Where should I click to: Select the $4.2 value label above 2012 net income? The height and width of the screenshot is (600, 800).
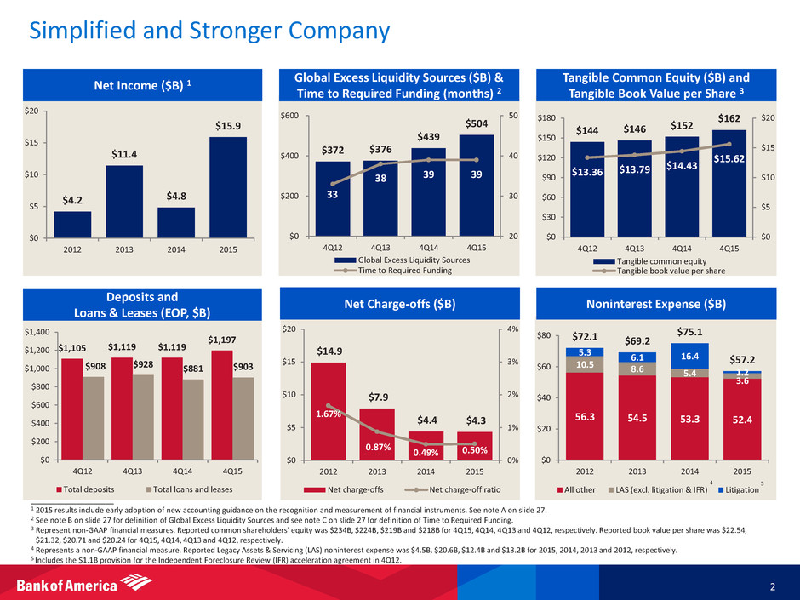tap(73, 201)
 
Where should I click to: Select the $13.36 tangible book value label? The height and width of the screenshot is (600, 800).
tap(588, 174)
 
